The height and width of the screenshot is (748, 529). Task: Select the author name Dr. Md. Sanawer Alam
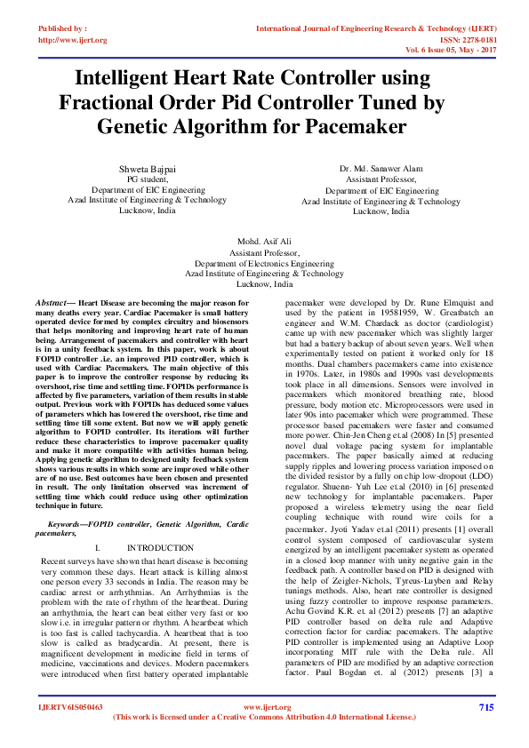point(381,169)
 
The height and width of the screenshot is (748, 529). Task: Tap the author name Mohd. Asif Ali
point(264,242)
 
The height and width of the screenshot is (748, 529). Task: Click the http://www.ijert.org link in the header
point(73,40)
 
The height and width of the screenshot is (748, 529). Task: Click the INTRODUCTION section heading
point(160,548)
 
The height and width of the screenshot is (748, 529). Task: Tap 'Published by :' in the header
point(62,28)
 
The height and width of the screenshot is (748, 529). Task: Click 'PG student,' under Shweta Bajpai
point(148,179)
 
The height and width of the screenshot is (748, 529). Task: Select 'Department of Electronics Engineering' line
point(264,264)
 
